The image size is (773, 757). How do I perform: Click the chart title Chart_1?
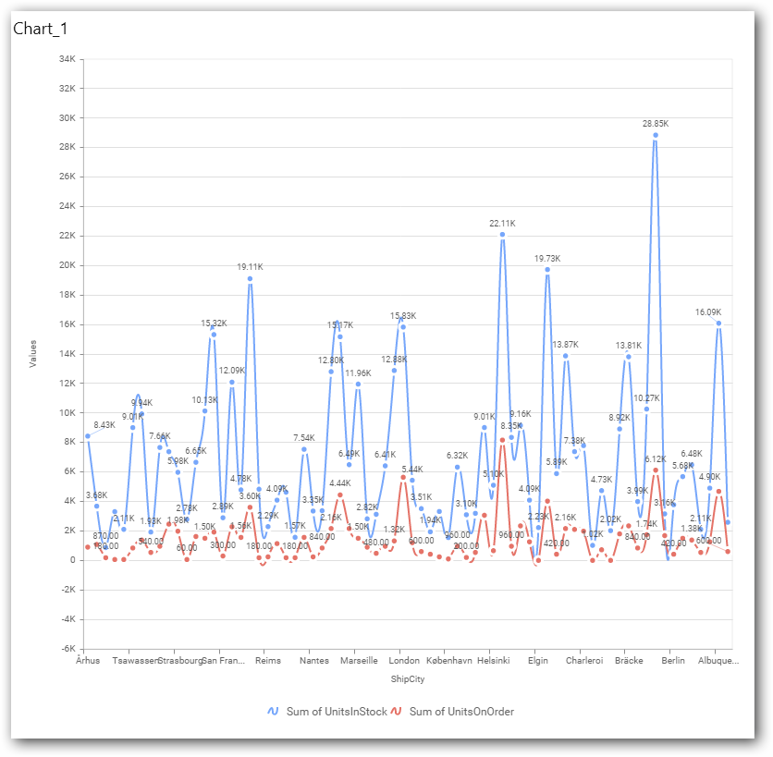click(40, 29)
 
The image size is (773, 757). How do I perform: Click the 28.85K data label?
click(655, 123)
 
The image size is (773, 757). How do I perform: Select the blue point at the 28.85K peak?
click(656, 135)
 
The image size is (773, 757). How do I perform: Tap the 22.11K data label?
click(502, 223)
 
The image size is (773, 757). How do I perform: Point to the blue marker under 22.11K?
click(502, 235)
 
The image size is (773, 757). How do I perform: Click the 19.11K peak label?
click(250, 266)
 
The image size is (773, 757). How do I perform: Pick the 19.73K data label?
click(547, 259)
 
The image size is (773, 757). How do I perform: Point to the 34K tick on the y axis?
click(67, 59)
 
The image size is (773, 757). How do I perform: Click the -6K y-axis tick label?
click(66, 649)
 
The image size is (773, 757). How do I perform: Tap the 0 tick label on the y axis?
click(71, 560)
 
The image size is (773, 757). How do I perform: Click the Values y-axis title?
click(33, 354)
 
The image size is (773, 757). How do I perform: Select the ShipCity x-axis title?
click(408, 679)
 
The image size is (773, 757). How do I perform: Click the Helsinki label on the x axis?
click(494, 661)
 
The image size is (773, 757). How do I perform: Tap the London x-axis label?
click(404, 661)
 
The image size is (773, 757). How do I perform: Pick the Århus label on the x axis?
click(88, 661)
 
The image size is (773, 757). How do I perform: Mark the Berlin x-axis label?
click(673, 661)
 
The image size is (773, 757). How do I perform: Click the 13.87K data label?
click(566, 344)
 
